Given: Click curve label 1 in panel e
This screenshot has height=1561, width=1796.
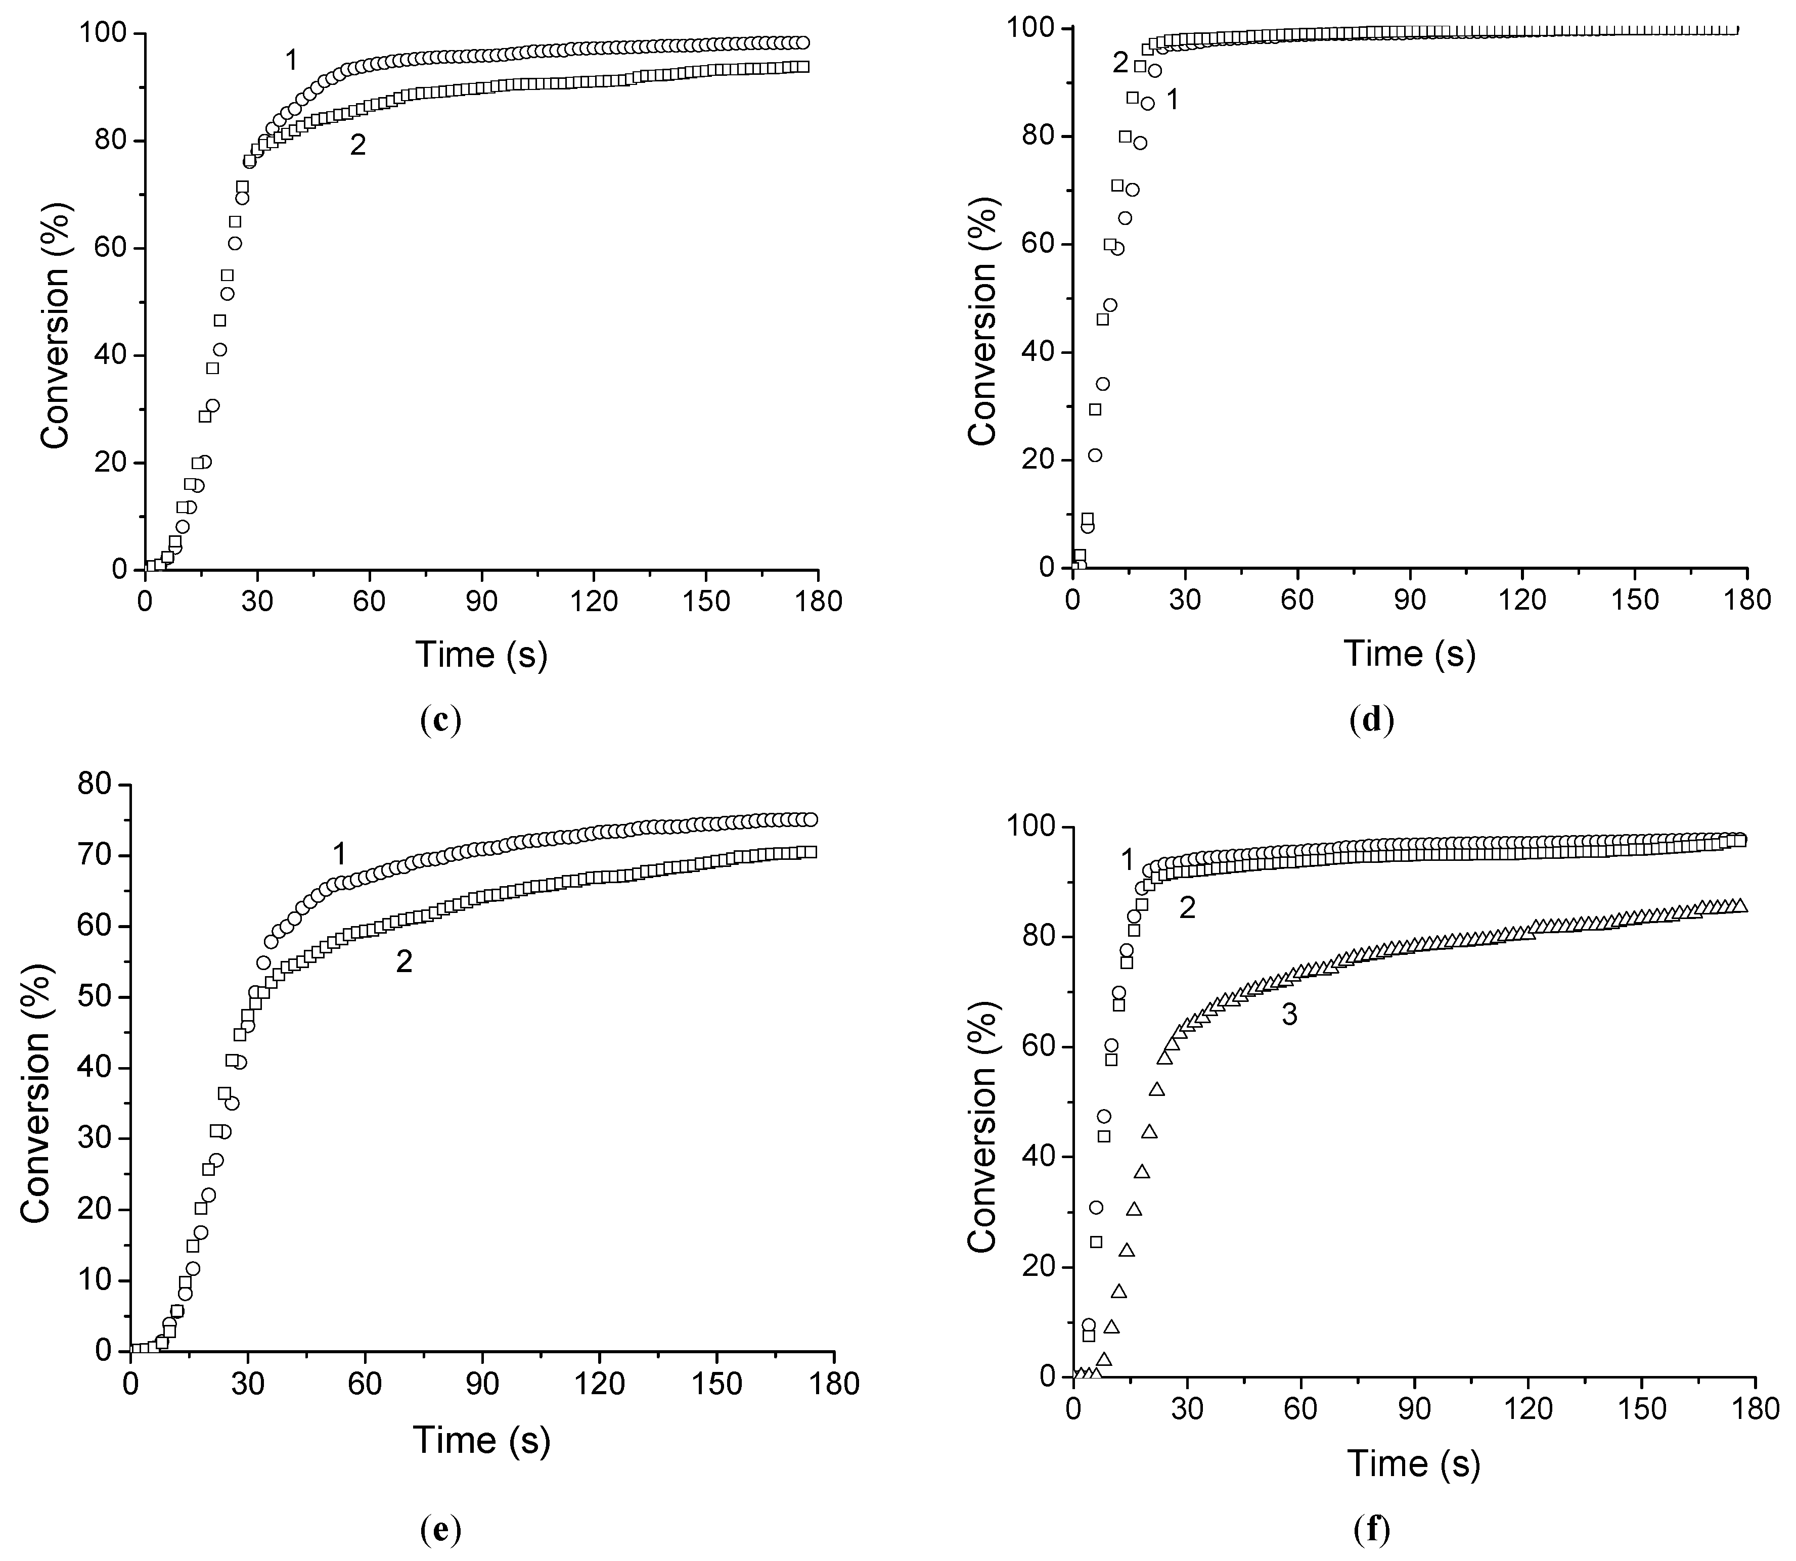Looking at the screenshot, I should coord(339,854).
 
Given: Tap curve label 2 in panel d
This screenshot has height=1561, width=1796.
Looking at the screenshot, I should coord(1120,63).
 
